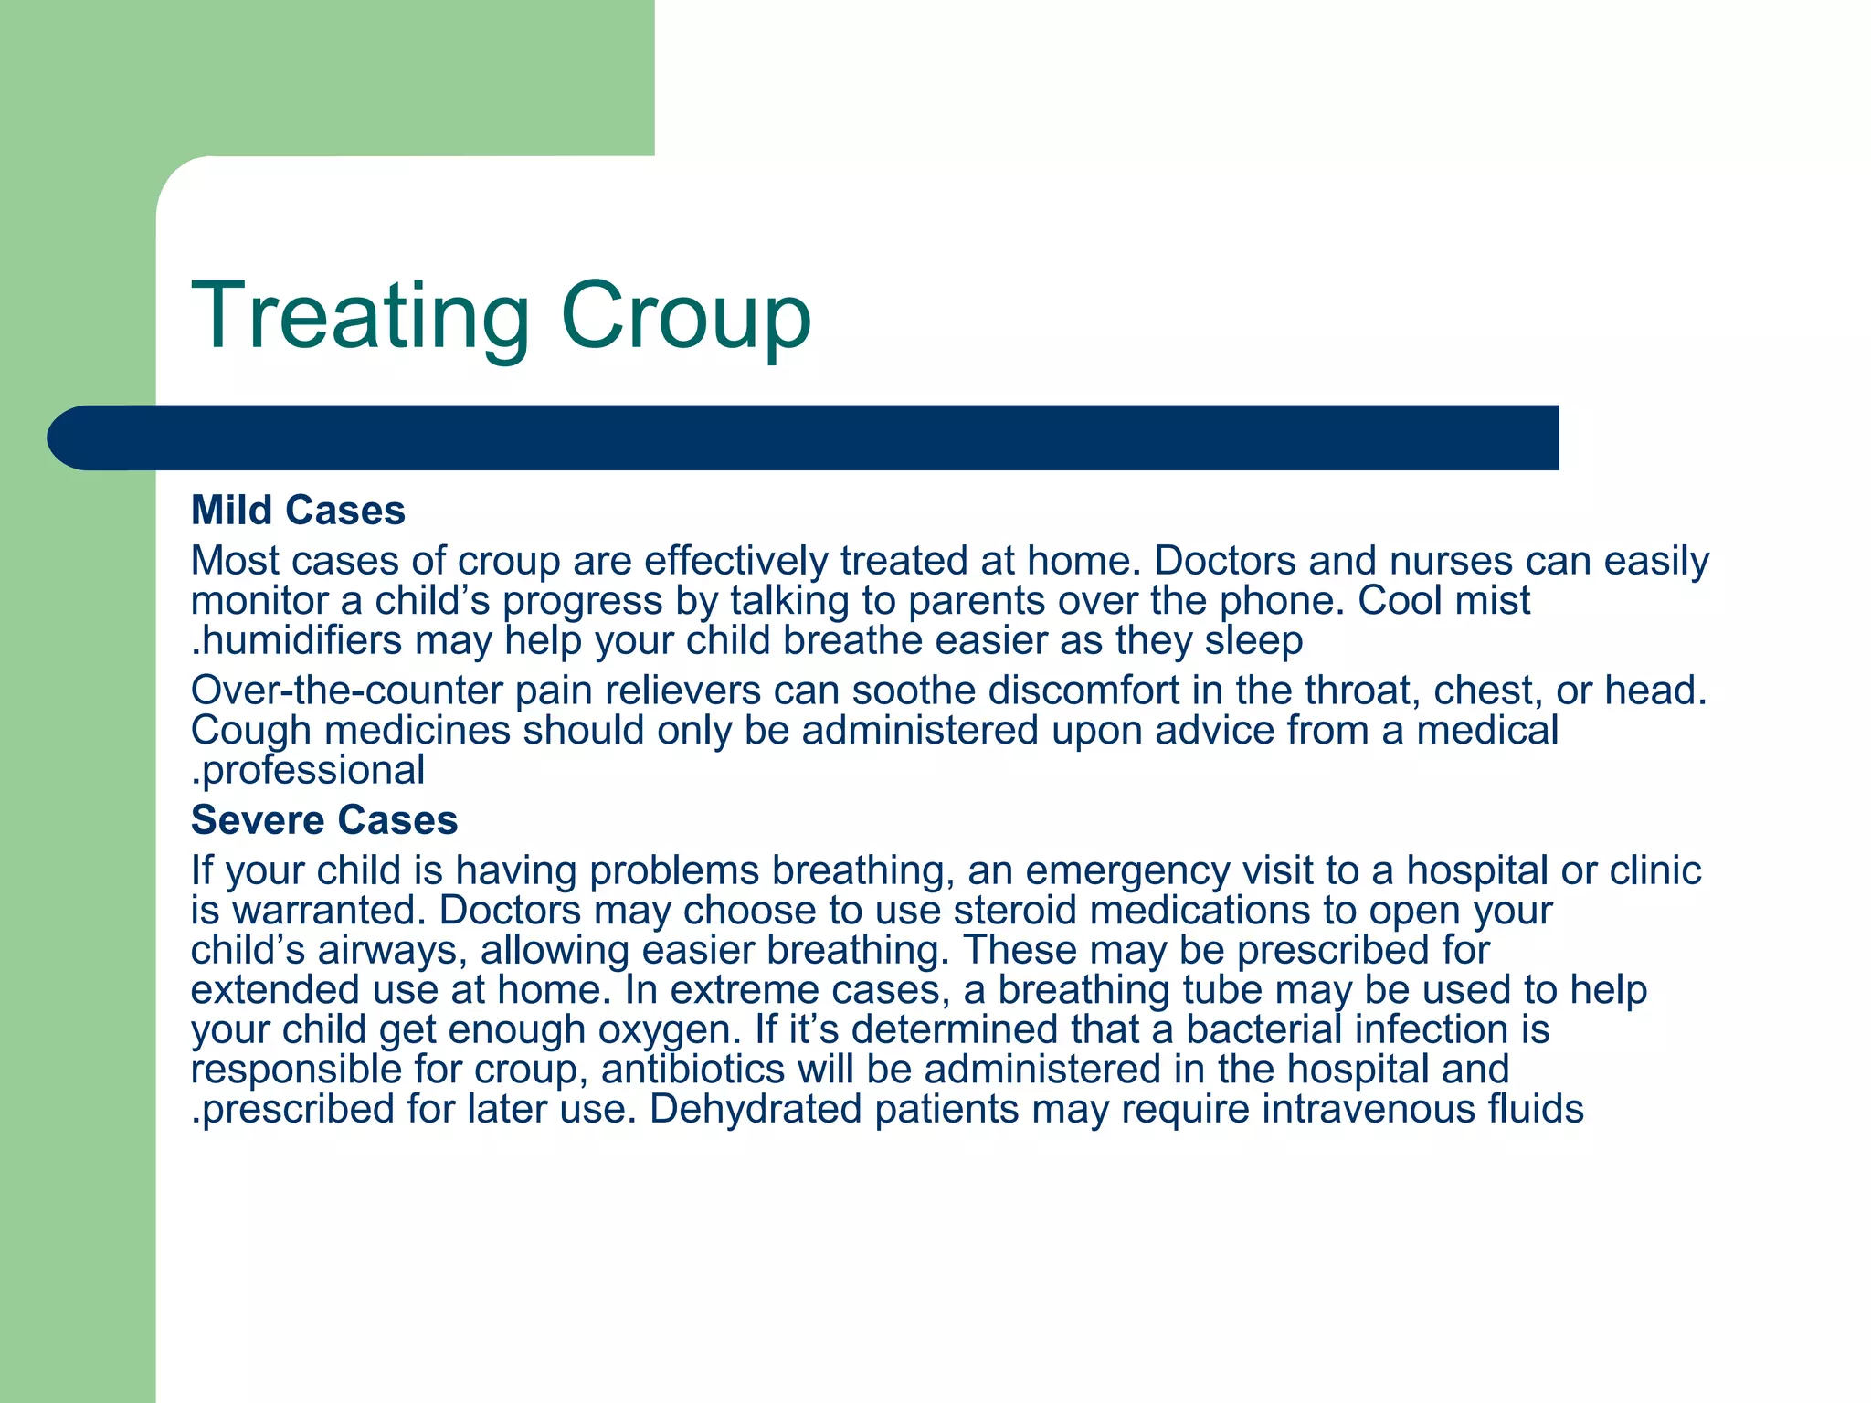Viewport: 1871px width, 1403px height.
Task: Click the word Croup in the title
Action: pos(685,317)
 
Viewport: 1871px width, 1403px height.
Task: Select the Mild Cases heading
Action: pos(298,511)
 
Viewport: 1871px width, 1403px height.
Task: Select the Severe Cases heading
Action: pos(324,820)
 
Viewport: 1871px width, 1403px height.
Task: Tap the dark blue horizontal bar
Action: pos(804,438)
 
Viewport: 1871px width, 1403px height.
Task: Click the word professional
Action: pos(313,770)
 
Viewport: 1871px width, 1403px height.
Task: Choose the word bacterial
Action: pos(1263,1029)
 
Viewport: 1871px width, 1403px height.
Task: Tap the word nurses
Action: pos(1452,561)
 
